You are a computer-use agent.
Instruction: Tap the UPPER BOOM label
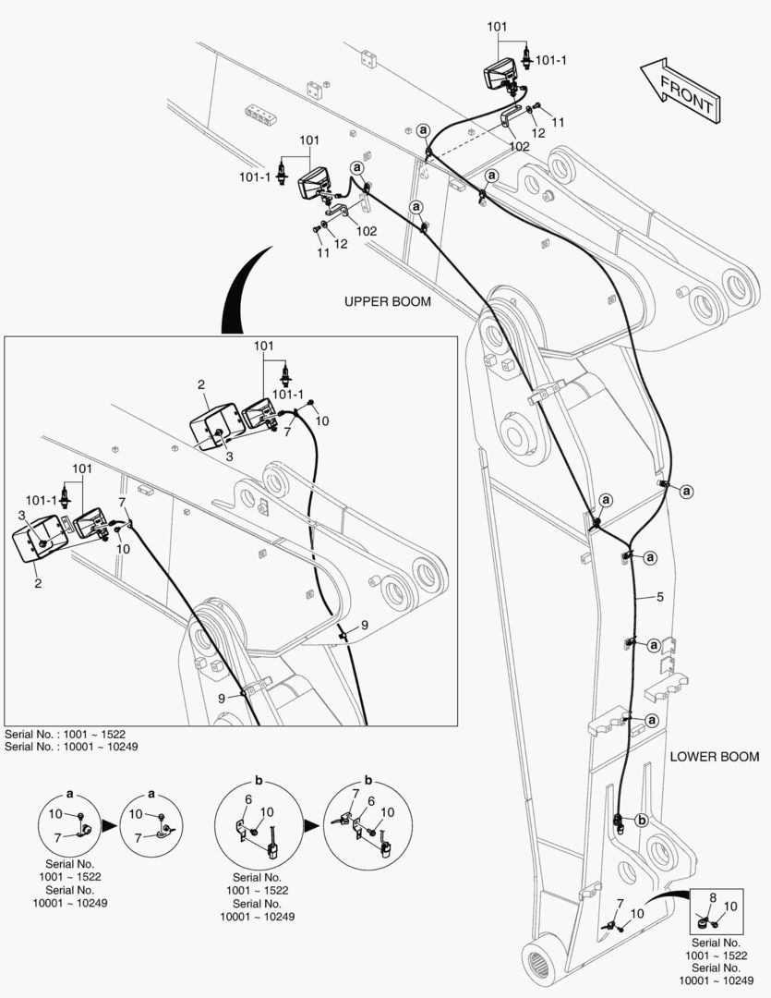pos(388,301)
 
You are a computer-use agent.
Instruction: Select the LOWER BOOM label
pos(715,757)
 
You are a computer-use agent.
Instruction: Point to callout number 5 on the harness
pos(659,597)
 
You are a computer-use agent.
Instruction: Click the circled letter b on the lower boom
pos(641,821)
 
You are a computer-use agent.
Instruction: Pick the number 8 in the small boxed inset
pos(713,898)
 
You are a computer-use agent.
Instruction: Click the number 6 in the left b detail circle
pos(248,799)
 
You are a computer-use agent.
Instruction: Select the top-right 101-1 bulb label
pos(550,60)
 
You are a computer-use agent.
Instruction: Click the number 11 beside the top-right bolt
pos(558,122)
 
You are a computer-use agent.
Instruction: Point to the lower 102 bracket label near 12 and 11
pos(366,231)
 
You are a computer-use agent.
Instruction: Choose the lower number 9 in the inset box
pos(222,699)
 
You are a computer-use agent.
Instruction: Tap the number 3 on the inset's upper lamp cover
pos(229,456)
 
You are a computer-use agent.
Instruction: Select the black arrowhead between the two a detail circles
pos(110,825)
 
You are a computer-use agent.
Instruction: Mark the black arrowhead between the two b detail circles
pos(312,825)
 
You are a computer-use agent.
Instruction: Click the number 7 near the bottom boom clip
pos(620,904)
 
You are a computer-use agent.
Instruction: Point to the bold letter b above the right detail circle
pos(368,780)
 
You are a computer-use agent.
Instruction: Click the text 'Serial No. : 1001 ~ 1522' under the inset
pos(65,734)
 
